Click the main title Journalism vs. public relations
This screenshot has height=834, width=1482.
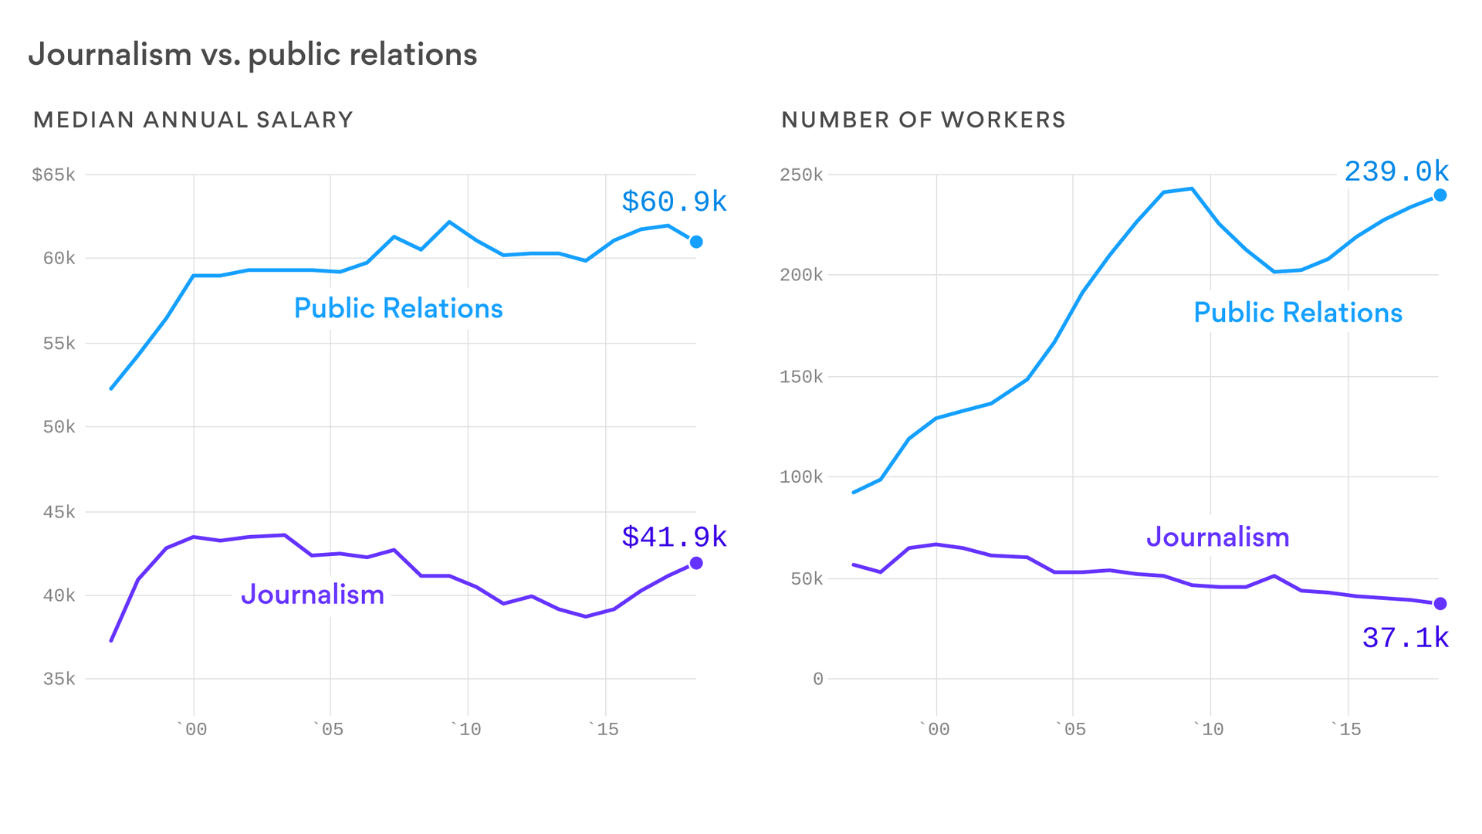point(252,55)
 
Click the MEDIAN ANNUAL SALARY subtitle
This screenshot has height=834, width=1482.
point(193,120)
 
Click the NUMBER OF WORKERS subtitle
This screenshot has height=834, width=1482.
point(923,120)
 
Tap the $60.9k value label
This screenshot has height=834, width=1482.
point(674,202)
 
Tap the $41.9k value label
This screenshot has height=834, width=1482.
point(674,537)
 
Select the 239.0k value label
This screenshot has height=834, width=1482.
point(1396,171)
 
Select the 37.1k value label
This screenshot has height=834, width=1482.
point(1405,638)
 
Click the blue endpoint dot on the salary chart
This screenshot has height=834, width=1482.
point(696,242)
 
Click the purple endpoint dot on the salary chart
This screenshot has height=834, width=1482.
point(696,563)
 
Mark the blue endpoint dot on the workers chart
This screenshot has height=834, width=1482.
point(1440,195)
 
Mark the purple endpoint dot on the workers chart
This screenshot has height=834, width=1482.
point(1440,604)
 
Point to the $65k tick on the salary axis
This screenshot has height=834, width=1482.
point(53,175)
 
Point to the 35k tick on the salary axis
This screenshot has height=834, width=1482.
point(59,679)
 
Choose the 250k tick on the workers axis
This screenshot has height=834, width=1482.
point(801,175)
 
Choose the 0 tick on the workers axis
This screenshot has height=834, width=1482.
point(817,679)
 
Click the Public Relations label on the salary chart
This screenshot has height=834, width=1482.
point(398,308)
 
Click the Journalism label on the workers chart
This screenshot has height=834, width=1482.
point(1217,537)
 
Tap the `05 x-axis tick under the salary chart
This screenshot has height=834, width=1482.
point(329,729)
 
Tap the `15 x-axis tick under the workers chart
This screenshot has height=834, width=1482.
point(1347,729)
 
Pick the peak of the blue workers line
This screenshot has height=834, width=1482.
point(1191,188)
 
